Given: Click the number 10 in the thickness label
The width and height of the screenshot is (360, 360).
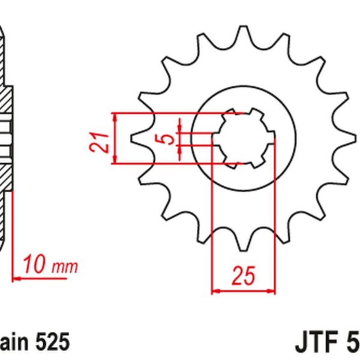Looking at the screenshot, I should coord(35,264).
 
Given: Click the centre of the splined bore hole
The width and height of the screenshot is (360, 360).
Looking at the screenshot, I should coord(244,137).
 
